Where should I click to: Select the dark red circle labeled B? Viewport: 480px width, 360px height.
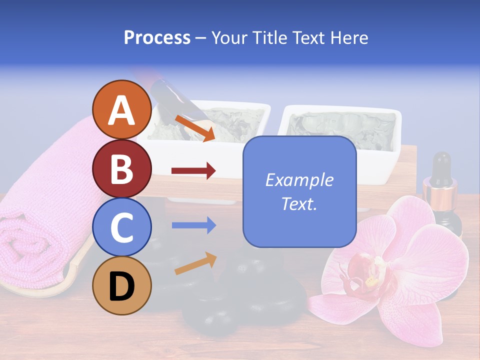(x=122, y=168)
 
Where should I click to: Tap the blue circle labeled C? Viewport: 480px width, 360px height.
(x=122, y=227)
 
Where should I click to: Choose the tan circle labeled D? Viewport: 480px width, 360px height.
(x=122, y=285)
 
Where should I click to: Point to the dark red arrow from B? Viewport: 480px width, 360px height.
(x=193, y=171)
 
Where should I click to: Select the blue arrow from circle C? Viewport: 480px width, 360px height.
(x=193, y=225)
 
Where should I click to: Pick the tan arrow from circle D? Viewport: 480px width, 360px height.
(x=195, y=263)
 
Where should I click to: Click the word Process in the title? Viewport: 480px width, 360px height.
(x=157, y=38)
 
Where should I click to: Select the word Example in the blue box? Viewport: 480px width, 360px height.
(x=299, y=180)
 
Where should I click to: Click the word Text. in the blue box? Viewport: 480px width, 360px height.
(x=299, y=203)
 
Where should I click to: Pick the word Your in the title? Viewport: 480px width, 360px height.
(x=229, y=38)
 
